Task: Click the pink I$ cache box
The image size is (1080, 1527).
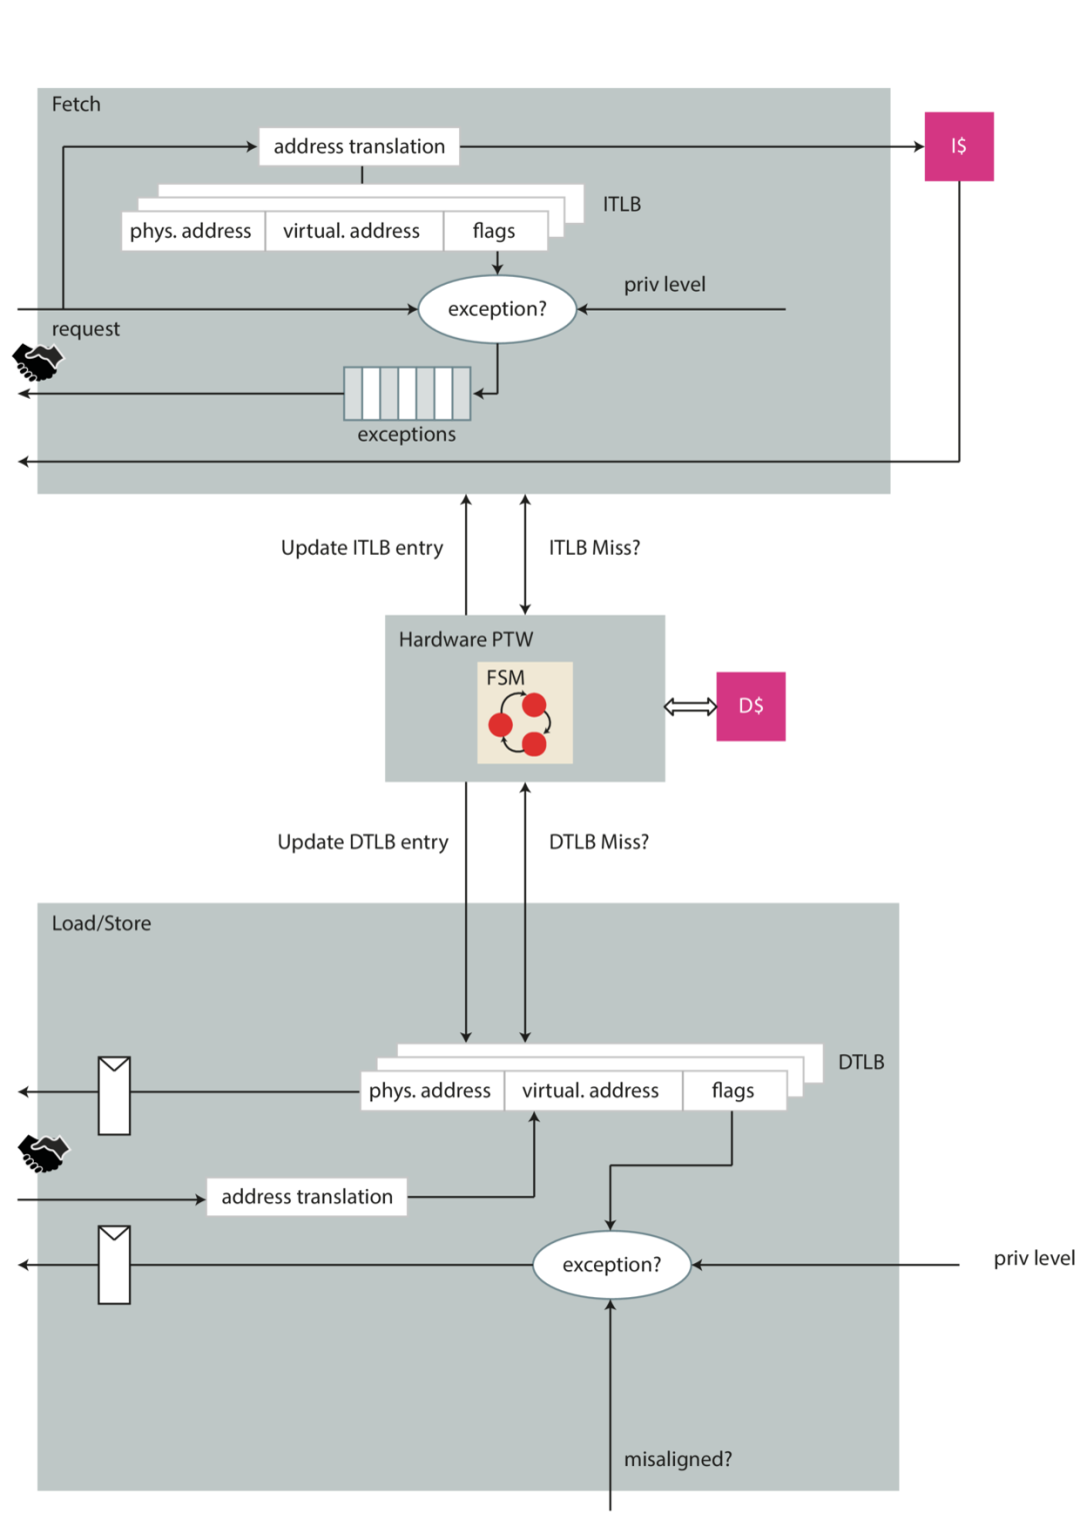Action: (959, 147)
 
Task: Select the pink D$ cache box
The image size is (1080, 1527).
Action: (750, 707)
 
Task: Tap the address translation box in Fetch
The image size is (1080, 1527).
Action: (359, 147)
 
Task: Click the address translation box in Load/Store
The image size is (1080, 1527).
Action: (307, 1196)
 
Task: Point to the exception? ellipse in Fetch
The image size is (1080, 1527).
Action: (497, 309)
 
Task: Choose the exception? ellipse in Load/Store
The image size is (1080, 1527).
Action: (611, 1264)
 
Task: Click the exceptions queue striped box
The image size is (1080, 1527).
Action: (407, 394)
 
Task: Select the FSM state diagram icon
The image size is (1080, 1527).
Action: (525, 713)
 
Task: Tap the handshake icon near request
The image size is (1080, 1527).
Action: (38, 362)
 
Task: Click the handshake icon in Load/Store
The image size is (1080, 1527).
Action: (43, 1153)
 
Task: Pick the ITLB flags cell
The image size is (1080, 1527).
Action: (495, 231)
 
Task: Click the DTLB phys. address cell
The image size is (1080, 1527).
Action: (432, 1090)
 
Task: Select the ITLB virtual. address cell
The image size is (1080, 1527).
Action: (354, 231)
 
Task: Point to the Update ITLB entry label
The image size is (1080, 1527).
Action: (362, 548)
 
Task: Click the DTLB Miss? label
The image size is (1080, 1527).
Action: (598, 841)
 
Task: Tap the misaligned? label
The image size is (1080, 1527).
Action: (677, 1459)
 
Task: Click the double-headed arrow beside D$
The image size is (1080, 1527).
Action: (690, 707)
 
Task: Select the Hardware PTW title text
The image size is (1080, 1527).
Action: (466, 640)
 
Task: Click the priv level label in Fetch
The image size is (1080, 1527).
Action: (665, 284)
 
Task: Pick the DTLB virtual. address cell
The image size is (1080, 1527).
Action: (593, 1090)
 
